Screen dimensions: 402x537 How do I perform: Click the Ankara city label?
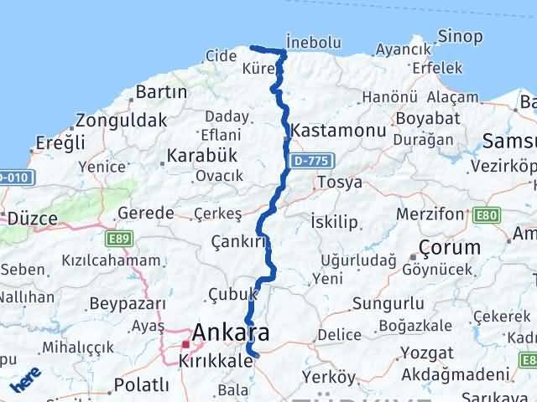click(231, 333)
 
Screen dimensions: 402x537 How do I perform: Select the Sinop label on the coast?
click(461, 36)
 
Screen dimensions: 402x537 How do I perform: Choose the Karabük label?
click(202, 155)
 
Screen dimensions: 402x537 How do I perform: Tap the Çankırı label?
click(239, 242)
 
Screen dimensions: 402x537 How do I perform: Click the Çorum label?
click(451, 248)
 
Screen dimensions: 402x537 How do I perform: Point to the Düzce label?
click(32, 219)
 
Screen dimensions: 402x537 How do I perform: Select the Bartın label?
click(154, 91)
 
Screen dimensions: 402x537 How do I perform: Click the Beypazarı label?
click(123, 302)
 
